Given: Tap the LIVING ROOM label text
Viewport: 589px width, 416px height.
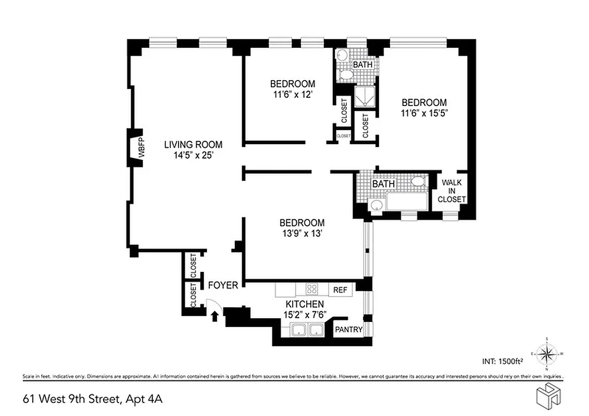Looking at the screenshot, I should point(193,145).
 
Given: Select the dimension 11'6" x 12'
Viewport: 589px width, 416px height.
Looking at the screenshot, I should point(292,95).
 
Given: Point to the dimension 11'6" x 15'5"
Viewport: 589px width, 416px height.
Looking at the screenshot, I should point(424,113).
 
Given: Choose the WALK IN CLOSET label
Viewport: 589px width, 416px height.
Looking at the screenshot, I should point(451,191).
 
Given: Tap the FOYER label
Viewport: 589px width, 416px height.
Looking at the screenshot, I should point(223,285).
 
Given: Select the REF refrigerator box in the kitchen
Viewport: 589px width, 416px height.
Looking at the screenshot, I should point(340,290).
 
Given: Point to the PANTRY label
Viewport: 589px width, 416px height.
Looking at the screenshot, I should point(348,330).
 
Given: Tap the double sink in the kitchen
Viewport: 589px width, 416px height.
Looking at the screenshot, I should point(307,330).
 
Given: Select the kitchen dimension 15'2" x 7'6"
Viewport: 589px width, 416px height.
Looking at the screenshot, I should point(305,314).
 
